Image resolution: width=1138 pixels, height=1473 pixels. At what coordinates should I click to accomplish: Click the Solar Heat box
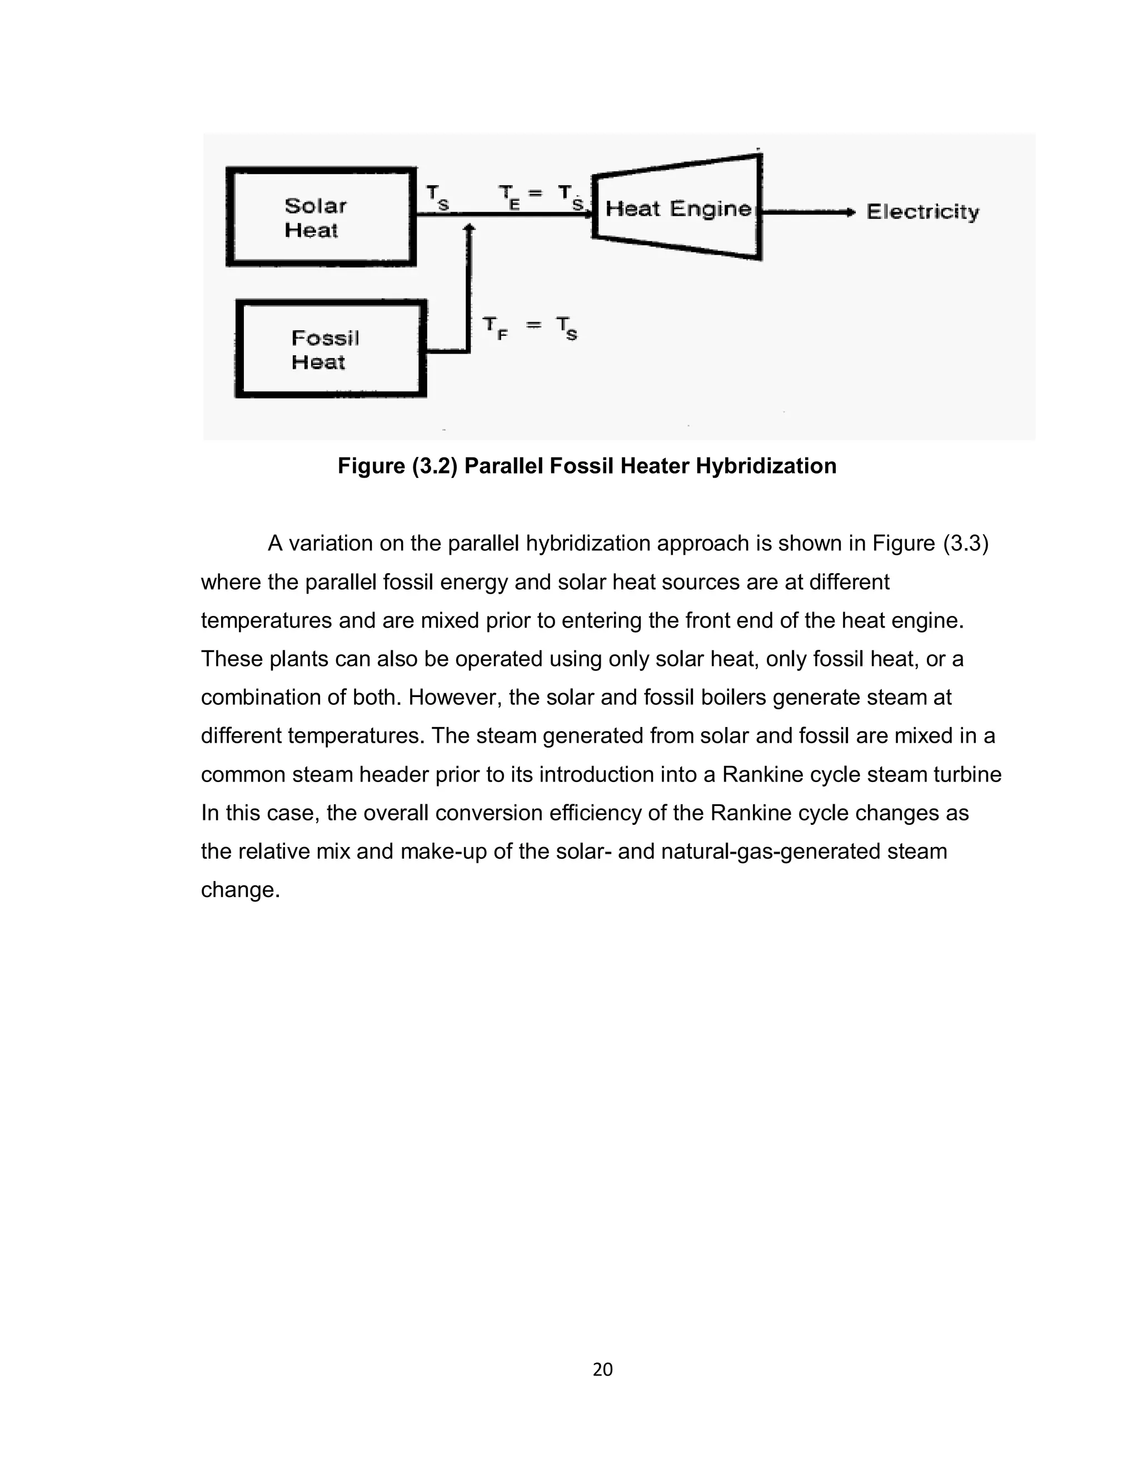[321, 216]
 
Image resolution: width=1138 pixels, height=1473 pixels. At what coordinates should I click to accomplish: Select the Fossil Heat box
[331, 349]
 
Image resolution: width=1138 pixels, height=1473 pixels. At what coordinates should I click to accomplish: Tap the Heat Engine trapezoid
[677, 208]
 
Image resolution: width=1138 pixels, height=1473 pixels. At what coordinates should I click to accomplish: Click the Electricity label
[922, 212]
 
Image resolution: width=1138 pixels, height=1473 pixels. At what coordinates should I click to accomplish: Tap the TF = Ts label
[530, 328]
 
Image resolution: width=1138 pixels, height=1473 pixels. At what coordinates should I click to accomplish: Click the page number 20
[602, 1369]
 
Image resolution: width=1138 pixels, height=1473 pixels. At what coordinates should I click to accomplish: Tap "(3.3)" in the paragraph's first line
[965, 543]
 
